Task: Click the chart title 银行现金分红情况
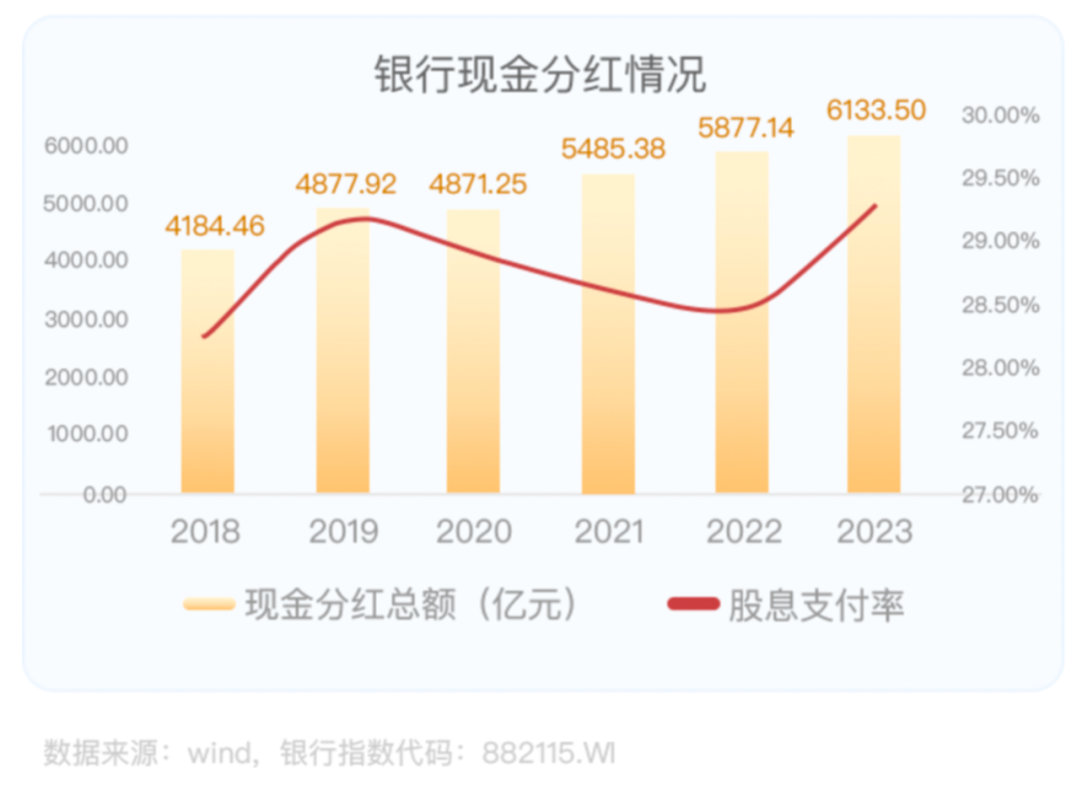(x=539, y=76)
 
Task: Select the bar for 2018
(x=207, y=371)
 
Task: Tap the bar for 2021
(x=607, y=334)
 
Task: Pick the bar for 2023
(x=874, y=314)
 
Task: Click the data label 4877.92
(x=346, y=185)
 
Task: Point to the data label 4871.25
(x=478, y=185)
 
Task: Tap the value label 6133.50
(x=877, y=109)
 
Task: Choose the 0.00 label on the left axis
(x=104, y=495)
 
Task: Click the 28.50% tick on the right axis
(x=1000, y=305)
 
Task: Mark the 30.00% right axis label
(x=1000, y=116)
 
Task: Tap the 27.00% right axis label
(x=1000, y=495)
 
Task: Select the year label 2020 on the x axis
(x=474, y=532)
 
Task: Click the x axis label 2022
(x=744, y=532)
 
